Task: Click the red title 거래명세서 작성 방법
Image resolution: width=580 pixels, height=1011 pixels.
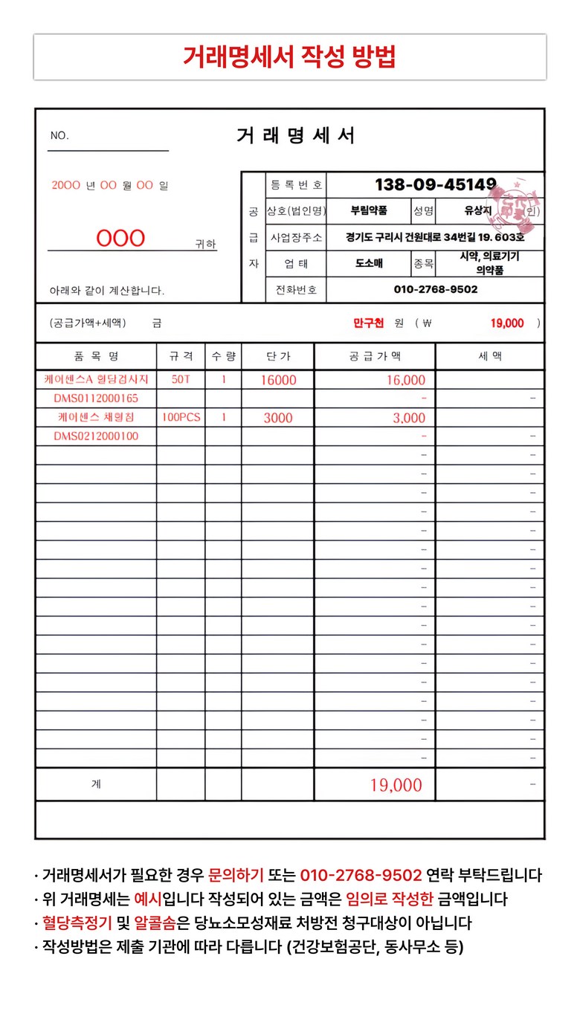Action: [289, 56]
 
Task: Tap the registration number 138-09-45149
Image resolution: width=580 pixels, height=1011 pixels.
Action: [435, 184]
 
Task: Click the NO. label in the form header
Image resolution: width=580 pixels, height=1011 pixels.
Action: [59, 135]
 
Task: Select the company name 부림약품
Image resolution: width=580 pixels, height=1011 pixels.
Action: [369, 211]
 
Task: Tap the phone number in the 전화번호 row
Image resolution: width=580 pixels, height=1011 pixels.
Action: [435, 289]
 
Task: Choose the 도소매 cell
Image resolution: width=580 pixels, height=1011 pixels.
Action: [369, 263]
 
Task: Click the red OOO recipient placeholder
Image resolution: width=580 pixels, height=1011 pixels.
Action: [120, 239]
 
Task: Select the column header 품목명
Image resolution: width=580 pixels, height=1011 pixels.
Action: [96, 357]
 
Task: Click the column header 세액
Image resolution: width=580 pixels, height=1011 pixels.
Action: [490, 357]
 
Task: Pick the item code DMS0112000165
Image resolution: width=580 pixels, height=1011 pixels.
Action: [96, 398]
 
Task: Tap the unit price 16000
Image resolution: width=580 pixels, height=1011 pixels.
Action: [278, 381]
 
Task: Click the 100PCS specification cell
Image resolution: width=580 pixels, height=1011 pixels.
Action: [181, 417]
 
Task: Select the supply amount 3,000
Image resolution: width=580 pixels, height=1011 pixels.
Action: [409, 419]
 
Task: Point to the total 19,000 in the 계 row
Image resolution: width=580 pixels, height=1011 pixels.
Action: [396, 785]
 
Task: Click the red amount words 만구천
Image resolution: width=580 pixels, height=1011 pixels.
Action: [369, 323]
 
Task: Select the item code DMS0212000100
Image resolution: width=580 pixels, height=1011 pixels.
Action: [96, 436]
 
